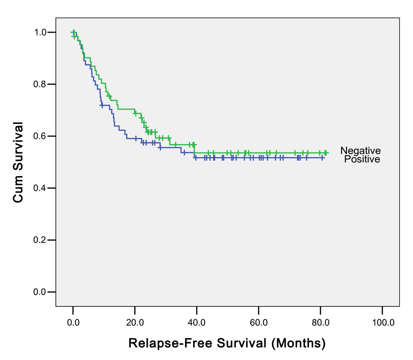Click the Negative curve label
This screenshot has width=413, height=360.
click(x=361, y=151)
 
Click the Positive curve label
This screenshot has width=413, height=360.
click(x=362, y=159)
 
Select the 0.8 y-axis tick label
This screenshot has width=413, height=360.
click(x=40, y=84)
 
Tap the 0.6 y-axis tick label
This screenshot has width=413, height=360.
click(x=40, y=136)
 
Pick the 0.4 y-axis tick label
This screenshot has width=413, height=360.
click(x=40, y=188)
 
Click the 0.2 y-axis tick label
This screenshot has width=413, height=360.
click(x=40, y=240)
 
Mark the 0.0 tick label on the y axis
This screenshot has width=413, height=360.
click(x=40, y=292)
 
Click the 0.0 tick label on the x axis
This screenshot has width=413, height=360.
click(x=73, y=323)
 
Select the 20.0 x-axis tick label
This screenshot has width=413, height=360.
click(x=135, y=323)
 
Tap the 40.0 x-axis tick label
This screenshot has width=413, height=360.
click(x=197, y=323)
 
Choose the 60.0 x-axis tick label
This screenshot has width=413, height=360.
click(x=258, y=323)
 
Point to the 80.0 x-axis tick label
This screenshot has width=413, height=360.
click(x=320, y=323)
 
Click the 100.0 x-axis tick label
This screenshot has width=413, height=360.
click(x=383, y=323)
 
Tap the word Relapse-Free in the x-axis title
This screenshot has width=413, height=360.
click(x=170, y=343)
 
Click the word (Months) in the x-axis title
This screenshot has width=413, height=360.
click(x=298, y=343)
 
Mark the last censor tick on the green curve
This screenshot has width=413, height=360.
click(x=325, y=153)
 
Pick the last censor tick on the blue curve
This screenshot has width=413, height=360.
click(x=322, y=158)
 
